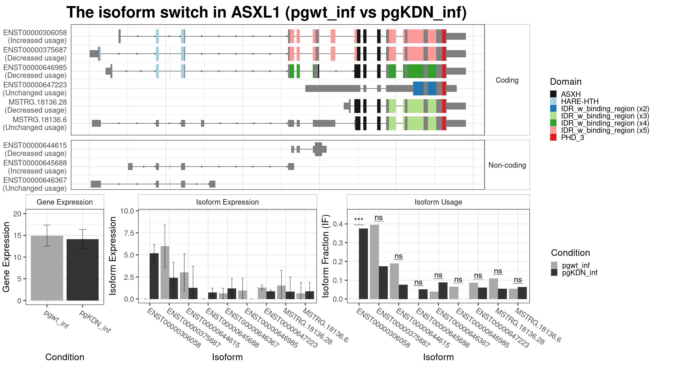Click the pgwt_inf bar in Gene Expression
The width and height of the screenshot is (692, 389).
point(47,268)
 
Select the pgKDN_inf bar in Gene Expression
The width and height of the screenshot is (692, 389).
point(82,270)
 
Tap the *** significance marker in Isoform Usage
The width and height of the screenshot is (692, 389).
point(359,220)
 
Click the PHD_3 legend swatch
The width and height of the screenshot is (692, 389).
point(553,137)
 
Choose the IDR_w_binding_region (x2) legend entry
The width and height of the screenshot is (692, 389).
point(600,109)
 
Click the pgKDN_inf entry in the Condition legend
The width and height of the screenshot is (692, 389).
point(574,273)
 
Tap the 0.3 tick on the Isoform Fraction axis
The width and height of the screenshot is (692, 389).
point(338,243)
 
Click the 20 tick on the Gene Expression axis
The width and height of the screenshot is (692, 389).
point(17,214)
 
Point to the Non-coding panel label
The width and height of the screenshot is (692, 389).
point(507,165)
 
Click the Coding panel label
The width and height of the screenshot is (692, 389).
point(507,80)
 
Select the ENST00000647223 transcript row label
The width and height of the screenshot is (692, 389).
point(35,89)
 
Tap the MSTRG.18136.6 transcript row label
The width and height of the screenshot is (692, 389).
point(35,123)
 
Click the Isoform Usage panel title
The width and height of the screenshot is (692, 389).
point(438,202)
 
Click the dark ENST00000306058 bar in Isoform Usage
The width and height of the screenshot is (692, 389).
point(363,264)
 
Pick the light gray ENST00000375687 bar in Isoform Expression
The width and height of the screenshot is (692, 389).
point(165,273)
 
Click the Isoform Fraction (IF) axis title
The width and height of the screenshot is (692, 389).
point(326,256)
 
